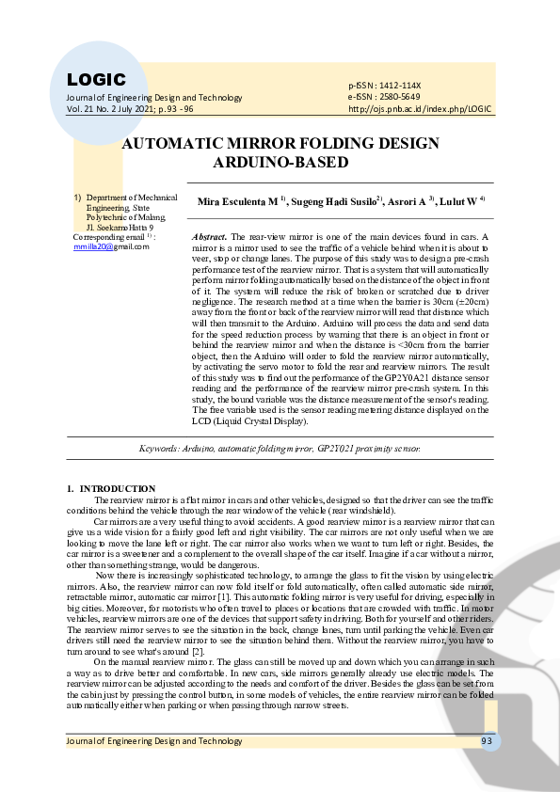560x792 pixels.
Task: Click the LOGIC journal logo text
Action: point(96,80)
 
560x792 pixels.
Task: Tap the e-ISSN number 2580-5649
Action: point(401,97)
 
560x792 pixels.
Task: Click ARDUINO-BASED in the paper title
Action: point(280,162)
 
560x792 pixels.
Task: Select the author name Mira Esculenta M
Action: point(236,202)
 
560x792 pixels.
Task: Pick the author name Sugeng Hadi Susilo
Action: point(333,202)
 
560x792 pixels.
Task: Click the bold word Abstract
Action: point(209,238)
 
